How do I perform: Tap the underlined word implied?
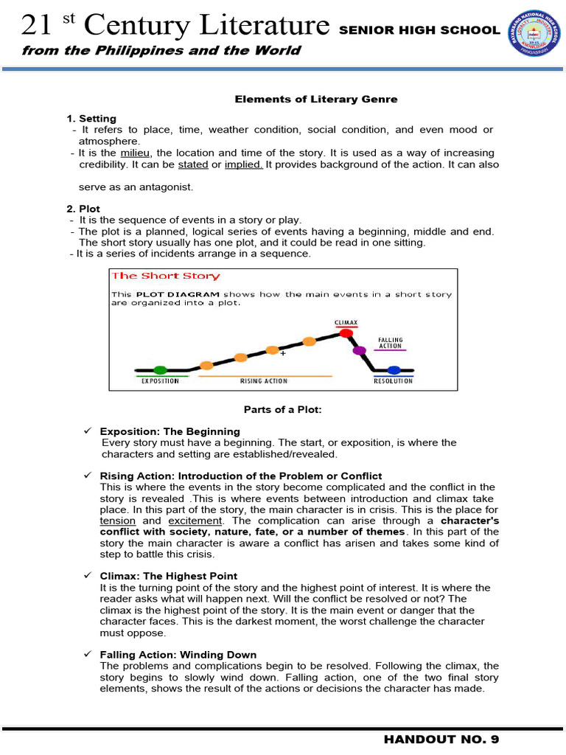coord(244,164)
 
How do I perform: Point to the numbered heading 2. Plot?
coord(83,209)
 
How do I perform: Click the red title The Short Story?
coord(165,276)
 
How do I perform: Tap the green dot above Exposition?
coord(161,369)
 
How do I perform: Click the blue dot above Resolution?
coord(394,369)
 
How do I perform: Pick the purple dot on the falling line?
coord(360,350)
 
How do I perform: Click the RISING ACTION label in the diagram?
coord(264,381)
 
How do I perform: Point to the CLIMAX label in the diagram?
coord(346,322)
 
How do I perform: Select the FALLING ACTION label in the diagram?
coord(391,343)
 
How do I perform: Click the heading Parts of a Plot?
coord(282,409)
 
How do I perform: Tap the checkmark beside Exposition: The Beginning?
coord(88,431)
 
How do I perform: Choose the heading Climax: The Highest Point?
coord(169,576)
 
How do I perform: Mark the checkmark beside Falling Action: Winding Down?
coord(88,654)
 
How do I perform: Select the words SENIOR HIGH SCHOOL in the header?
coord(419,30)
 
